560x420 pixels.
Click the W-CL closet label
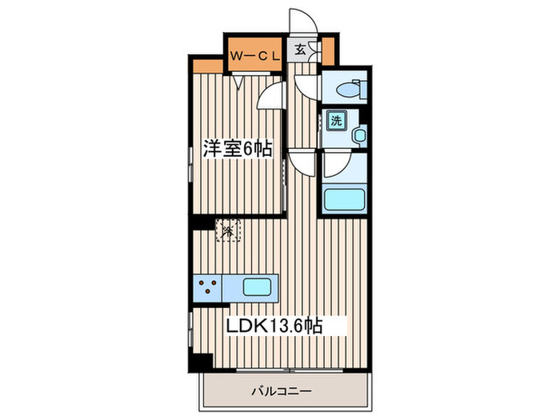tap(254, 54)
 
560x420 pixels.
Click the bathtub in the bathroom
tap(344, 198)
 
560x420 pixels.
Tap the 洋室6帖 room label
tap(238, 150)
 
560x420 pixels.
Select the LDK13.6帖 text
tap(275, 326)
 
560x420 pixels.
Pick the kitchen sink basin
tap(258, 286)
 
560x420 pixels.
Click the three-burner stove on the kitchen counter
tap(210, 286)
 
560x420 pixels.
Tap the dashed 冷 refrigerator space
tap(227, 231)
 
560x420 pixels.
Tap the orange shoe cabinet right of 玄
tap(315, 52)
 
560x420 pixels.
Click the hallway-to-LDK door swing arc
tap(301, 164)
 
